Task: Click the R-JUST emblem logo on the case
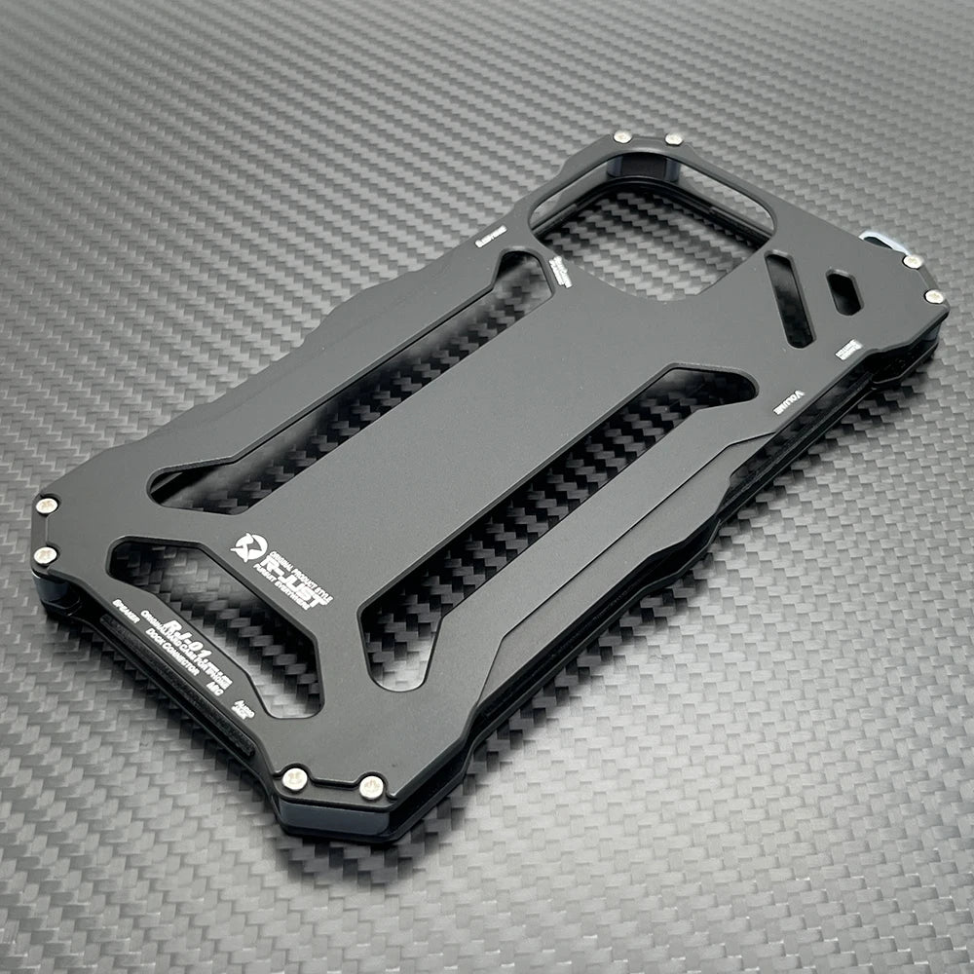(249, 548)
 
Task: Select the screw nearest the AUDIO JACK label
(294, 778)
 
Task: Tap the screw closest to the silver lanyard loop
(912, 261)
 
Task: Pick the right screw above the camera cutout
(673, 140)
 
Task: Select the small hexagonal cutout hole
(843, 292)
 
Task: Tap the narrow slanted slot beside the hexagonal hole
(790, 299)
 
